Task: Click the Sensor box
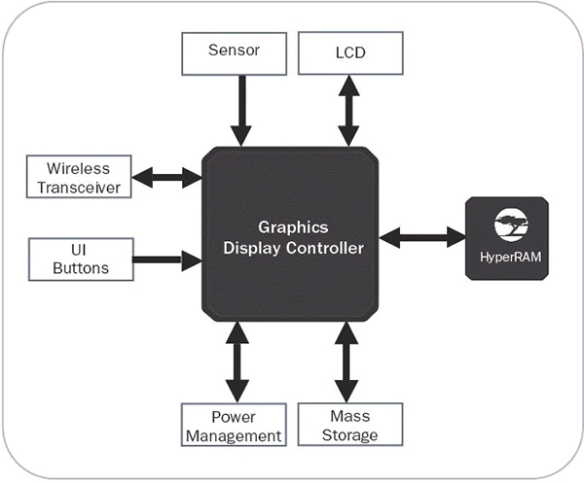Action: pos(235,52)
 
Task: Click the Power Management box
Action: pos(234,426)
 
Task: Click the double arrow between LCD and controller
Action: pos(347,110)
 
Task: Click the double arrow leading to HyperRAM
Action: pos(421,236)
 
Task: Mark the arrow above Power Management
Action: pos(235,362)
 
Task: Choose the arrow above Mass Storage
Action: pos(347,362)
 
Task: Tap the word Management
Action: pos(234,435)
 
